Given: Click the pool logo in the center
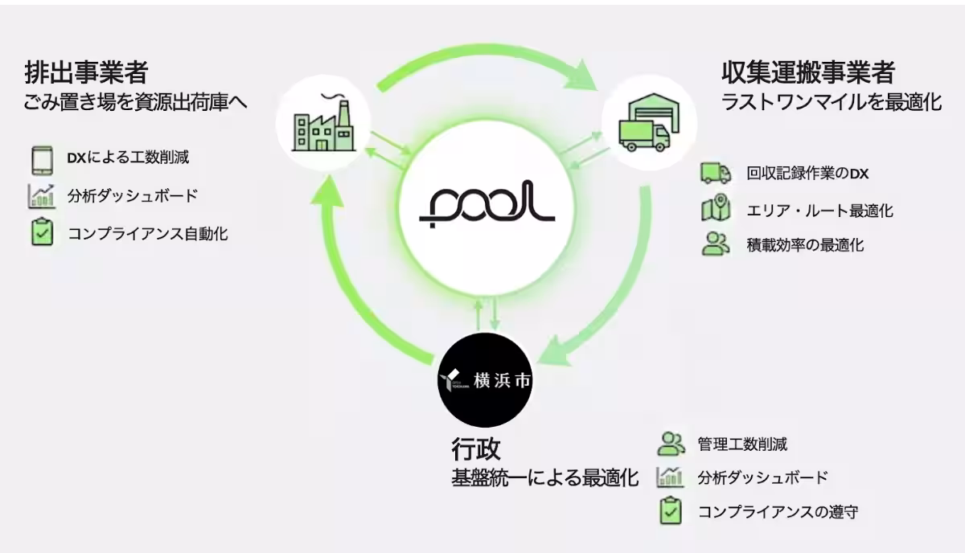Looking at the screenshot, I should [487, 209].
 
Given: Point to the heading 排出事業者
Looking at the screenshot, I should [86, 73].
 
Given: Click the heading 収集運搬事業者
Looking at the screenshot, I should [807, 73].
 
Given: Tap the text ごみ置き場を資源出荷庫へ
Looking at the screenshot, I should [135, 104].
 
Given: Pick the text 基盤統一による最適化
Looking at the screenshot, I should [544, 478].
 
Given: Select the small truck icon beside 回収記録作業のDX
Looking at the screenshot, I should [715, 172].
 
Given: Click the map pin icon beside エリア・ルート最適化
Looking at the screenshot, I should [715, 209].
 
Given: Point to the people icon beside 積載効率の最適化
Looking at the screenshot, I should [715, 244].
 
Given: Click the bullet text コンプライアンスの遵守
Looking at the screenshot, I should [777, 511].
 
